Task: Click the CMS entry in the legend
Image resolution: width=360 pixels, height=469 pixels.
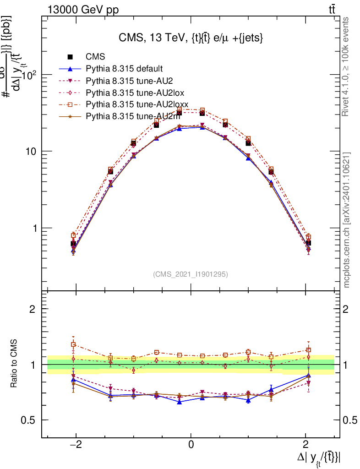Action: (x=95, y=57)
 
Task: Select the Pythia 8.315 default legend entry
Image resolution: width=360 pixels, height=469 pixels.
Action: (x=124, y=69)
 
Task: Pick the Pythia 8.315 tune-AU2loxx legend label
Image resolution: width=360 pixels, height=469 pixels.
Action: (x=137, y=104)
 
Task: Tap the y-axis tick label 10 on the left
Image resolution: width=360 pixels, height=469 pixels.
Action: (x=31, y=152)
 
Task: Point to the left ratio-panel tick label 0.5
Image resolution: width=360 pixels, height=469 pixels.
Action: (x=28, y=420)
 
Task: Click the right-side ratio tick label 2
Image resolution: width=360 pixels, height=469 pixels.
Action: (x=350, y=309)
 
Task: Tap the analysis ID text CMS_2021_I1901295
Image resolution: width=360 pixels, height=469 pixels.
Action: (x=190, y=274)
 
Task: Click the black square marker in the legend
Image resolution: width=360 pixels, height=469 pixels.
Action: (x=70, y=57)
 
